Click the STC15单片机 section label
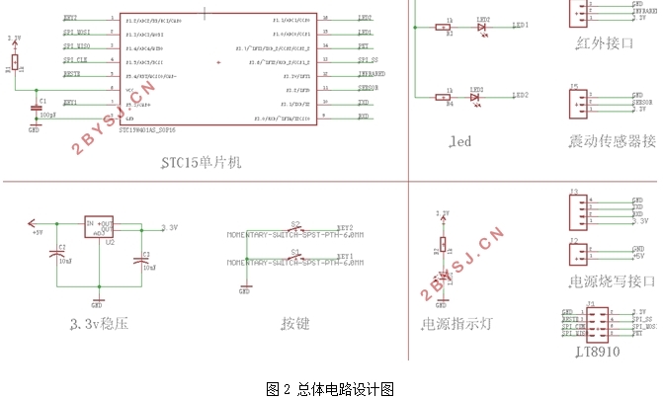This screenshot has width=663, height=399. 201,162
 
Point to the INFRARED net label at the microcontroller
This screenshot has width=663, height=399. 371,73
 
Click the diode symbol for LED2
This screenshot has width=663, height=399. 482,29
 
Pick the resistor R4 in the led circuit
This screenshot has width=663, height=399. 449,97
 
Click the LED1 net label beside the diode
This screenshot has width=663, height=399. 521,25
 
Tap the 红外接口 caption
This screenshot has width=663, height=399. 603,42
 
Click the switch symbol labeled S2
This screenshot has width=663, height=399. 295,227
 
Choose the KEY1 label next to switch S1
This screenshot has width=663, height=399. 345,255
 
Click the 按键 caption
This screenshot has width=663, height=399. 294,323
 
